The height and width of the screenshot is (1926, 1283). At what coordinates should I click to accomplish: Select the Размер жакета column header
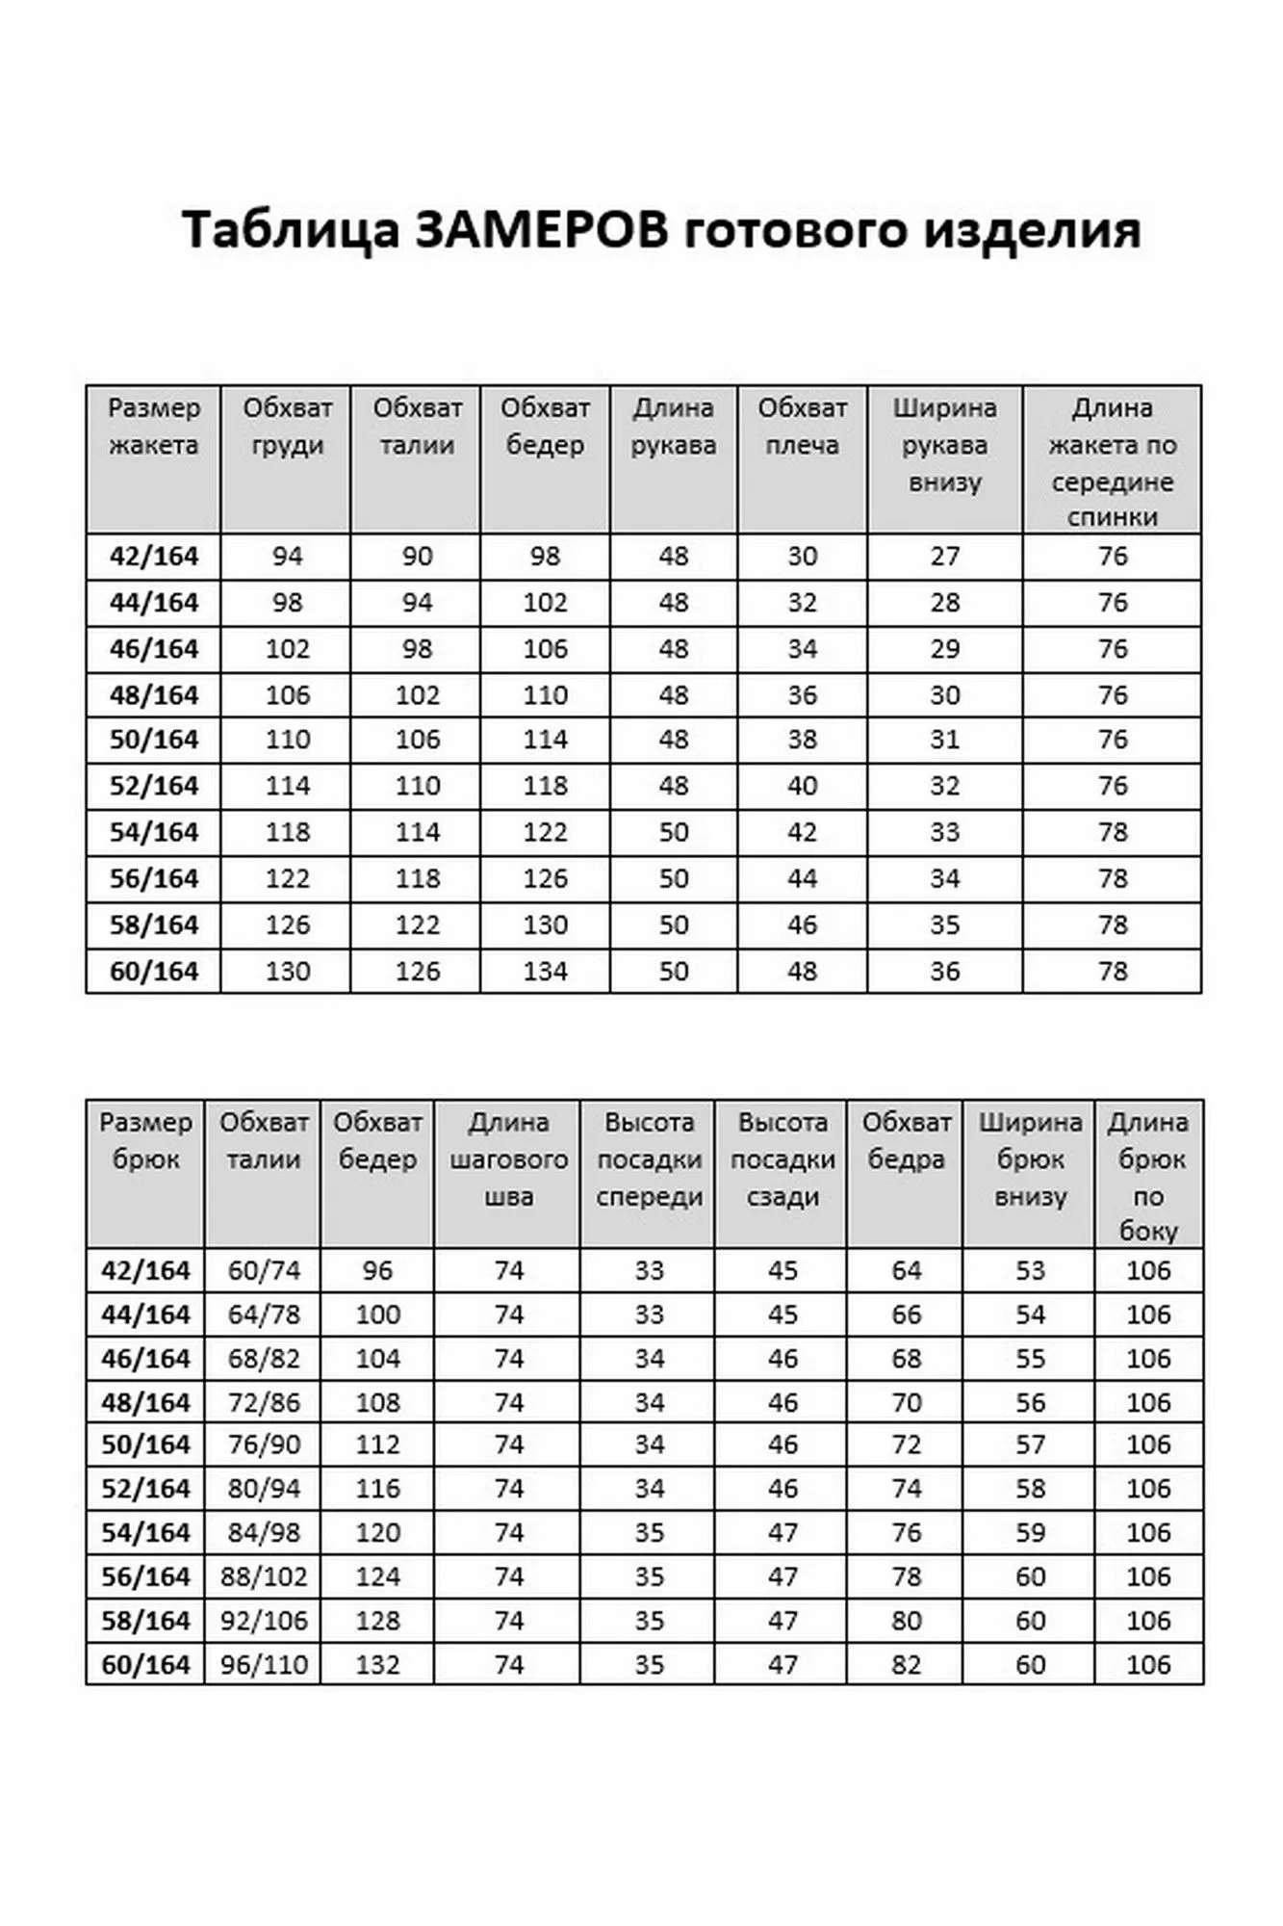click(153, 427)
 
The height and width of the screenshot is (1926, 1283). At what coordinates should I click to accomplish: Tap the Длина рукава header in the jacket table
click(673, 427)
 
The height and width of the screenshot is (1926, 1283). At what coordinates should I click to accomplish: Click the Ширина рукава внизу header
click(944, 445)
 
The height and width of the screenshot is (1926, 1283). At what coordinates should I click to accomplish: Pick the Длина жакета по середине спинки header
click(1112, 462)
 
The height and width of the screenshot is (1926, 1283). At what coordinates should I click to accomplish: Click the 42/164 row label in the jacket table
click(153, 557)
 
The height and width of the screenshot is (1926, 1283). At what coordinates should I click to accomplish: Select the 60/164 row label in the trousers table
click(145, 1665)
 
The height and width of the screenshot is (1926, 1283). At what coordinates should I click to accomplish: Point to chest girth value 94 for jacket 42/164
click(287, 557)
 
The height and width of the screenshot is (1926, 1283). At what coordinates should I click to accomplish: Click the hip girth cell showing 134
click(545, 972)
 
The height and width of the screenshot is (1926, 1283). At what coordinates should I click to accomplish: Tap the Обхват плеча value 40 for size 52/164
click(802, 786)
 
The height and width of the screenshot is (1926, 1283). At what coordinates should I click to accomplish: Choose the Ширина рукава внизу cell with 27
click(944, 557)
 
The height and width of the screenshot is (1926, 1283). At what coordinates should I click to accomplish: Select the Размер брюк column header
click(145, 1141)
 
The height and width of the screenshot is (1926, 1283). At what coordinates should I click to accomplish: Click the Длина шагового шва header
click(508, 1159)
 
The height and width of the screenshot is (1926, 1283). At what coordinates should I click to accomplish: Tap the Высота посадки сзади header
click(782, 1159)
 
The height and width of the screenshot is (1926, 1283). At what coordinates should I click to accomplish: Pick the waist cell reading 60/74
click(264, 1271)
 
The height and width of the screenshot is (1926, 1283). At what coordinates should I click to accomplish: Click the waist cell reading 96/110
click(264, 1665)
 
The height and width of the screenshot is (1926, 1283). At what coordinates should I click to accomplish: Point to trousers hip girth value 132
click(377, 1665)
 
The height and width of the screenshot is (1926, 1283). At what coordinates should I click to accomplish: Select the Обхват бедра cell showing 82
click(906, 1665)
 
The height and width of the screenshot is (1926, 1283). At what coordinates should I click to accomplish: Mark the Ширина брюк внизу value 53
click(1030, 1271)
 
